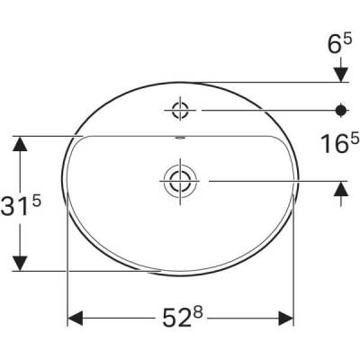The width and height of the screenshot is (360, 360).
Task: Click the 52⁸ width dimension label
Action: click(x=182, y=319)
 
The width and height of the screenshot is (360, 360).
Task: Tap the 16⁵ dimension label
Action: click(x=342, y=144)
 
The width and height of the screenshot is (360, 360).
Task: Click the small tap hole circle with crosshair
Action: click(x=180, y=110)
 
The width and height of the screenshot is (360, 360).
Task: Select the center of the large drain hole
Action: click(x=180, y=180)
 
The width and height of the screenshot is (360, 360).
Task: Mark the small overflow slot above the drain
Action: click(x=180, y=139)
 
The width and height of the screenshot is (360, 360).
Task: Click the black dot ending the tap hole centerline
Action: click(x=341, y=110)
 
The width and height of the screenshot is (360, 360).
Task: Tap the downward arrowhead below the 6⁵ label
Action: click(x=341, y=73)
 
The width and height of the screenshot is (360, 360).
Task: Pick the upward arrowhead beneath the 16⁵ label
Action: click(x=341, y=188)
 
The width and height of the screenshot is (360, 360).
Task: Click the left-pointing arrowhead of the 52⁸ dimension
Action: click(x=76, y=319)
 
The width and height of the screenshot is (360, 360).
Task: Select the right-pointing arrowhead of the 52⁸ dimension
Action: click(x=287, y=319)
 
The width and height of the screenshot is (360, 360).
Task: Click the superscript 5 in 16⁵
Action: click(x=355, y=138)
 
